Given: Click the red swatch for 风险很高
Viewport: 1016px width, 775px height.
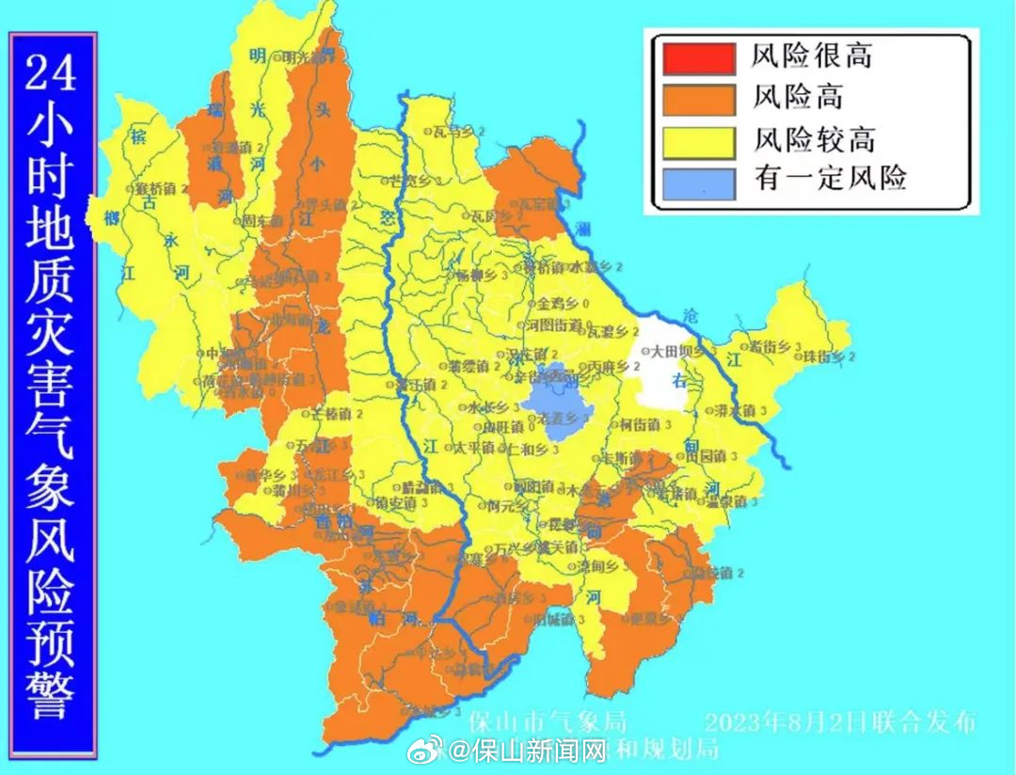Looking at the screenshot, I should [698, 58].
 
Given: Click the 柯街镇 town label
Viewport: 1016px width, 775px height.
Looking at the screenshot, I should [641, 424].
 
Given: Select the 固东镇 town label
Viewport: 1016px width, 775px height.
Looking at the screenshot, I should [260, 221].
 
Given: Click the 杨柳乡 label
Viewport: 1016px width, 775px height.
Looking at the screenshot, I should [476, 277].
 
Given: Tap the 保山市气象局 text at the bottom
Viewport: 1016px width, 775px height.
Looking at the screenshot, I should [548, 722].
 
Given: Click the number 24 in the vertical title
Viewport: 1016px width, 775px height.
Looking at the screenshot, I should [51, 71].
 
